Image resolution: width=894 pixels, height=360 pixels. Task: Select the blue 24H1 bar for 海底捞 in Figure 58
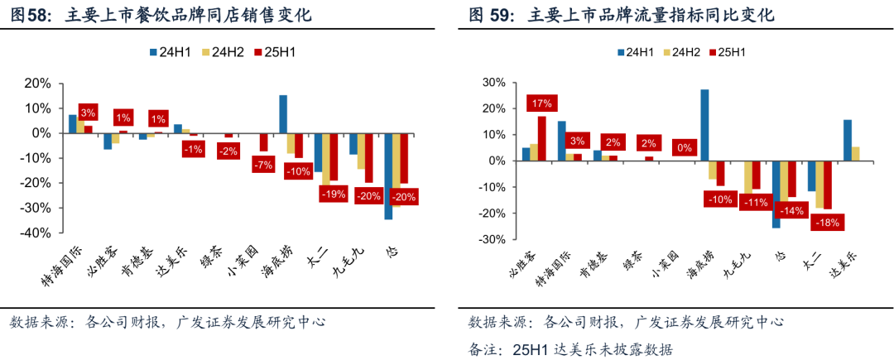click(283, 114)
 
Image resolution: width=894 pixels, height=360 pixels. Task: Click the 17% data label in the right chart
click(542, 103)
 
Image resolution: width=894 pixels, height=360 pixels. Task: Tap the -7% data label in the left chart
click(264, 166)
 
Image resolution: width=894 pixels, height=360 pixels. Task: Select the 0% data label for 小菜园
click(685, 148)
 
